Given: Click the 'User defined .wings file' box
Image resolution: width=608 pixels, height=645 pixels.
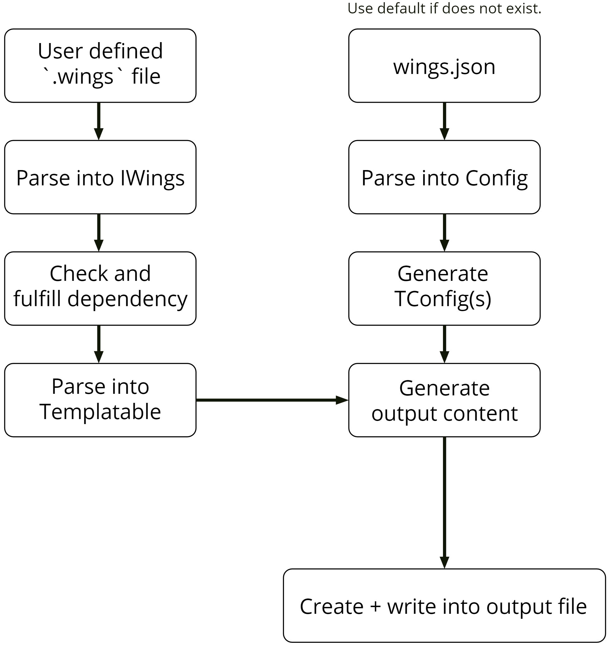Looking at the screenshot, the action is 100,66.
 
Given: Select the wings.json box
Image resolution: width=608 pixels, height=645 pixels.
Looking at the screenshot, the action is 444,66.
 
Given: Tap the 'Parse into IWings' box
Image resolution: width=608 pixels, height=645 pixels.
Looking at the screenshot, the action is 100,177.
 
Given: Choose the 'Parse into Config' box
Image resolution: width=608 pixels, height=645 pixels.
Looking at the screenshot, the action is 444,177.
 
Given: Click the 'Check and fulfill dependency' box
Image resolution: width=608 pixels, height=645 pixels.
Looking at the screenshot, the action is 100,288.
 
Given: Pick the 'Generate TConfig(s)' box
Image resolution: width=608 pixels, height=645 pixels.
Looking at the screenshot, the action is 444,288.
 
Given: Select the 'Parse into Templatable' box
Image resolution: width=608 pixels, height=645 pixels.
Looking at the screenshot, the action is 100,400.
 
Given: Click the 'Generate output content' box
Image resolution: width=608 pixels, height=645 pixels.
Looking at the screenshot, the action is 444,400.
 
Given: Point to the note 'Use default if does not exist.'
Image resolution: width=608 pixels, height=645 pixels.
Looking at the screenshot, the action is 444,8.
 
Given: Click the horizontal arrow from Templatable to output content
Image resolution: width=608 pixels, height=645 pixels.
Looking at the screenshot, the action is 272,400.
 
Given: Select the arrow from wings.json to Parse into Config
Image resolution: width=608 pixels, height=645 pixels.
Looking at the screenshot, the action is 444,121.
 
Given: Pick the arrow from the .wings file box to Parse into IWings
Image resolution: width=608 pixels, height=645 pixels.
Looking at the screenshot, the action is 99,121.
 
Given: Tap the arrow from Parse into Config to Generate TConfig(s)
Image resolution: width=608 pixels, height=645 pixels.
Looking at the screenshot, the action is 444,232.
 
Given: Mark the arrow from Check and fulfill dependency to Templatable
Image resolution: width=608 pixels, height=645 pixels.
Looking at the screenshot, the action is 99,344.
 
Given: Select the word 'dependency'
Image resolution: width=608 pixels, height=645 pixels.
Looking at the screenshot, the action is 128,299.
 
